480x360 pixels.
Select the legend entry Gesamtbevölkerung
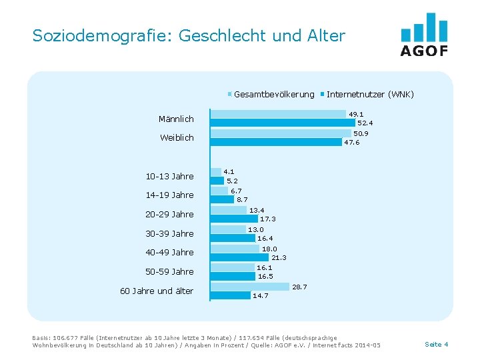tap(274, 94)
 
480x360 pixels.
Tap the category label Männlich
tap(176, 119)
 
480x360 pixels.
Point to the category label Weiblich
tap(177, 137)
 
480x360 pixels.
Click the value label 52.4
tap(365, 123)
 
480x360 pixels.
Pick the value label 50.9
tap(361, 133)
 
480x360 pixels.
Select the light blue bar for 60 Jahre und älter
tap(250, 287)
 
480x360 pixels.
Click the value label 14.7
tap(260, 295)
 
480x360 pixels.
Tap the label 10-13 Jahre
tap(169, 176)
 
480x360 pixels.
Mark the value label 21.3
tap(279, 257)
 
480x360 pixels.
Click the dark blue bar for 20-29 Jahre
tap(234, 218)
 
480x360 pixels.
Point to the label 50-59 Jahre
tap(169, 271)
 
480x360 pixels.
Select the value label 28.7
tap(299, 287)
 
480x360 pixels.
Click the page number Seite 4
tap(436, 344)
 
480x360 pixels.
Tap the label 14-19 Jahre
tap(169, 195)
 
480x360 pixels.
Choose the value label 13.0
tap(255, 229)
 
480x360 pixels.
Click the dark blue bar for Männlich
tap(283, 123)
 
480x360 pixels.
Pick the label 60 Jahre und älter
tap(157, 291)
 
